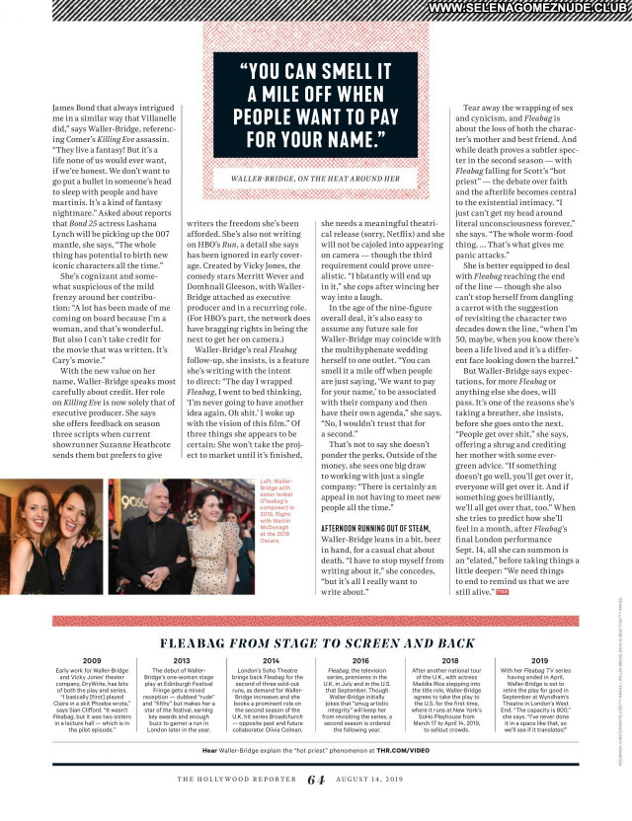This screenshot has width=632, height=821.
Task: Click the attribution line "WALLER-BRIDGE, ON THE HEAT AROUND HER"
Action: [x=316, y=179]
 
